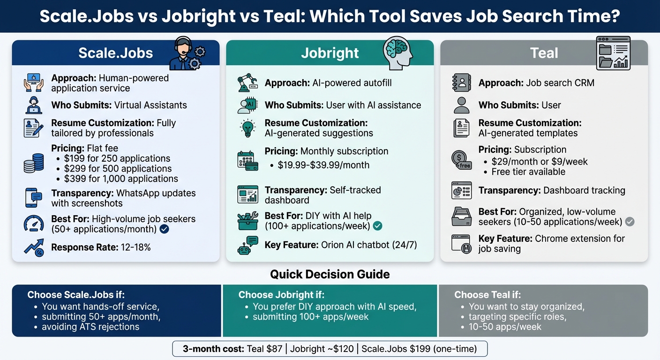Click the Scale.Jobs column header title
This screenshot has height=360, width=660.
[x=115, y=53]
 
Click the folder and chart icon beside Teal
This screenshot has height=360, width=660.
[x=612, y=53]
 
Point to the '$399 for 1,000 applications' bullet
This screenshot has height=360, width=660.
[x=121, y=179]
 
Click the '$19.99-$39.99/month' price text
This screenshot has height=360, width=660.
[x=323, y=165]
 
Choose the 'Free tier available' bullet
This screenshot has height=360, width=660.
[x=528, y=172]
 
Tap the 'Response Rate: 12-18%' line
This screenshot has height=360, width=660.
[x=101, y=247]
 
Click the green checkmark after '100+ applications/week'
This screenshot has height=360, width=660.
[x=377, y=226]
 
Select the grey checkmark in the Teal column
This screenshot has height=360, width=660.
[x=630, y=222]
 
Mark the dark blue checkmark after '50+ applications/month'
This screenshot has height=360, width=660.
[x=164, y=229]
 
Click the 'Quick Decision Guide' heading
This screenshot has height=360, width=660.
[x=330, y=274]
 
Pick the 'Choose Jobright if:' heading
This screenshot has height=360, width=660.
[x=281, y=295]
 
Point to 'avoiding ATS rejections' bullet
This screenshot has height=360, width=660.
[x=90, y=327]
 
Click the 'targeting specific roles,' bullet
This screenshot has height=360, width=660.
[x=517, y=317]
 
